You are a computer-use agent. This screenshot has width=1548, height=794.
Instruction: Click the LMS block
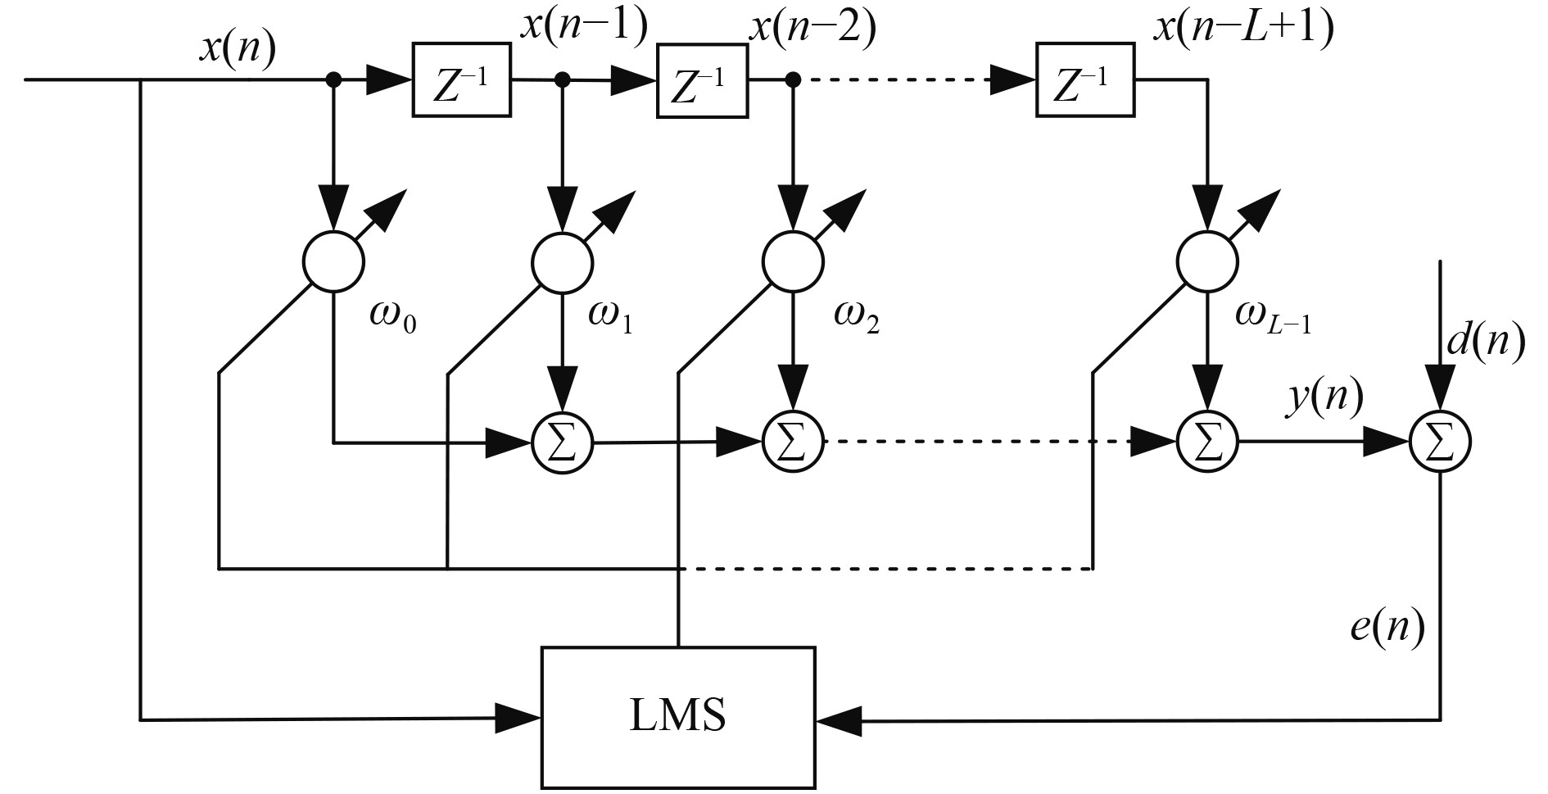(678, 716)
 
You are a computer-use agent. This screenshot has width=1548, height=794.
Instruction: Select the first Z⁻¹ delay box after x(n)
(460, 79)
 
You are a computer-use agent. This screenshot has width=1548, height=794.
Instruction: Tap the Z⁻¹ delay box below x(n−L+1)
(1084, 79)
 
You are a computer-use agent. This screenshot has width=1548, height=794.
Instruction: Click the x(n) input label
(238, 51)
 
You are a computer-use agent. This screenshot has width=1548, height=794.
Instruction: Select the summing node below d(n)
(1440, 443)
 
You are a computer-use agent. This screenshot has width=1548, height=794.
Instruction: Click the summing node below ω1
(563, 443)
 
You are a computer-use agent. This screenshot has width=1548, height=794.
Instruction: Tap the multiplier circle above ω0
(333, 261)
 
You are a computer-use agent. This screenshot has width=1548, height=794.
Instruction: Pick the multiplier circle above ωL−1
(1207, 261)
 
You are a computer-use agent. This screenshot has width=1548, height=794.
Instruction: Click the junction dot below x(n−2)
(792, 79)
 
